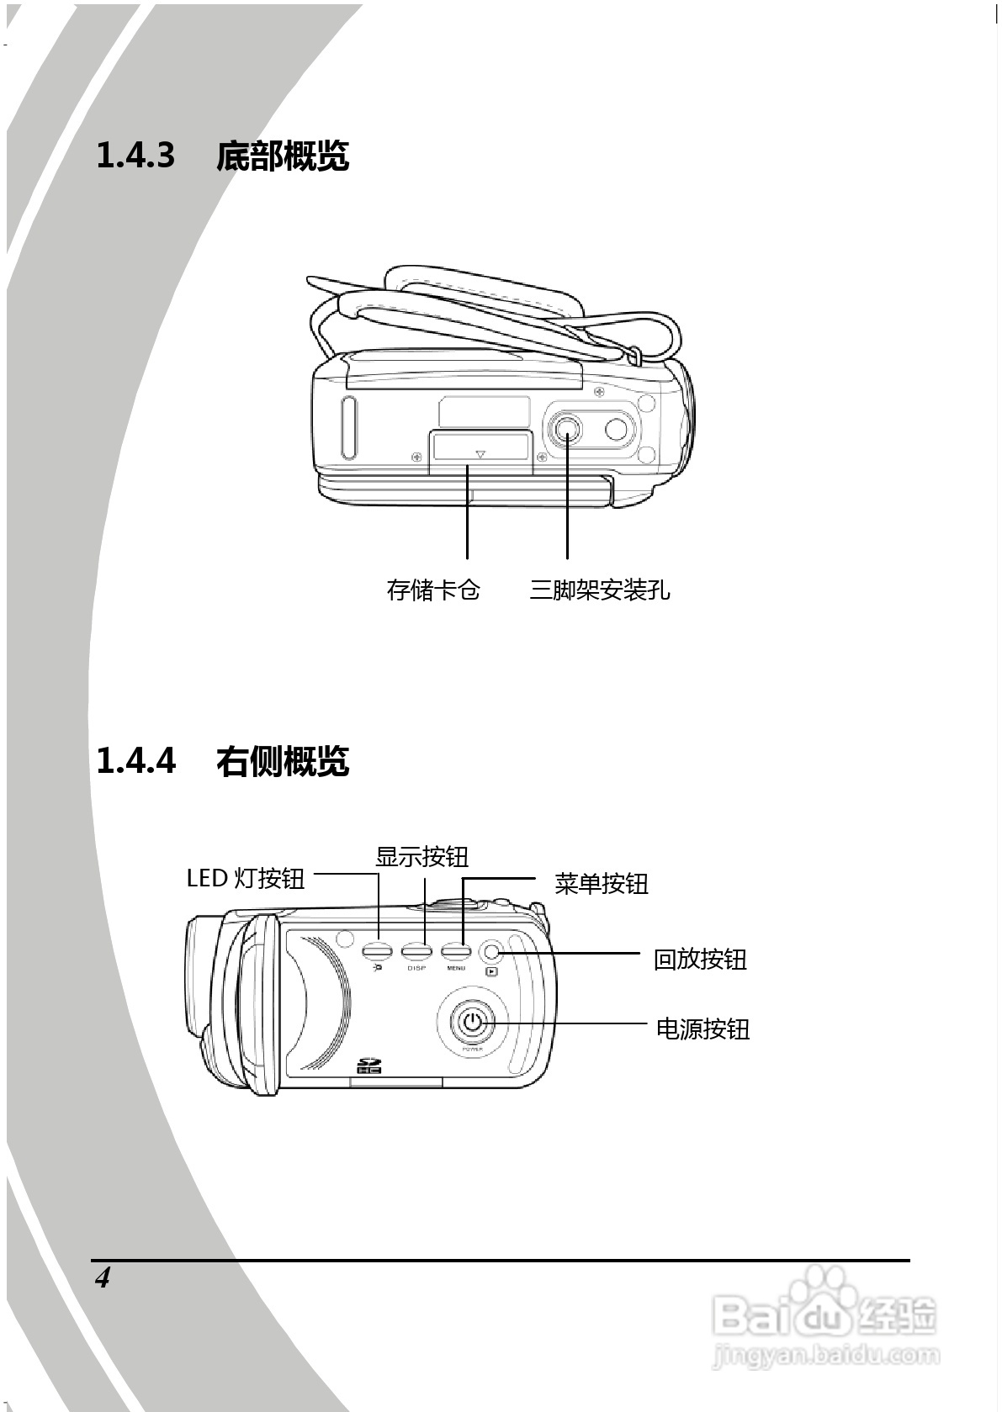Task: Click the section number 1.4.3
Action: coord(135,156)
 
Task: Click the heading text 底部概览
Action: coord(282,156)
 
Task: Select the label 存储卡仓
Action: coord(433,590)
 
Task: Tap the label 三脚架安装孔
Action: coord(600,590)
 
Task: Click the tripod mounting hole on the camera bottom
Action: coord(566,430)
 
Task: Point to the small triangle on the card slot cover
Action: coord(480,455)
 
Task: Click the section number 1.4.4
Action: coord(135,761)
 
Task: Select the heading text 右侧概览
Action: coord(282,761)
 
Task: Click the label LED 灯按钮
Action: coord(245,878)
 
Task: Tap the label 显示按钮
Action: coord(421,857)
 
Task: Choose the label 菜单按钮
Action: coord(601,884)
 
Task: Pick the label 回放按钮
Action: coord(700,959)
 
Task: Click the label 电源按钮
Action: coord(702,1029)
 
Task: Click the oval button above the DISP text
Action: coord(416,951)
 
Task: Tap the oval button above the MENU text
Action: coord(455,951)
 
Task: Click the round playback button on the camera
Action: coord(493,951)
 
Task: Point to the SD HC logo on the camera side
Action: coord(369,1066)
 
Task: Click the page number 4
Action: coord(103,1278)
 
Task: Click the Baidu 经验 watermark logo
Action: coord(824,1315)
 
